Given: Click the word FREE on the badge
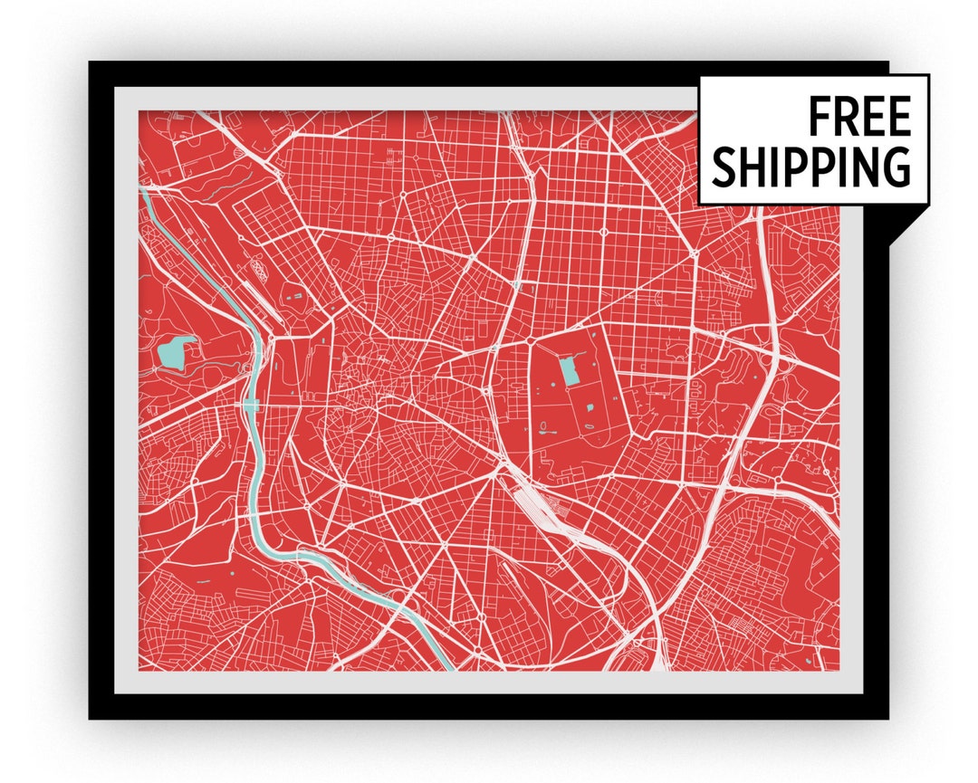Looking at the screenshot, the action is click(858, 117).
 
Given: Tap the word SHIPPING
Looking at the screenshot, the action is click(810, 166).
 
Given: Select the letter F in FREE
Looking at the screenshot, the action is click(820, 117).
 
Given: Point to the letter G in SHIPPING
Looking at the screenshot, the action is click(896, 166).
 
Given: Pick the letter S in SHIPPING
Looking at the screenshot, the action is click(724, 166).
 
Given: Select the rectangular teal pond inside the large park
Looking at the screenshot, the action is click(569, 369).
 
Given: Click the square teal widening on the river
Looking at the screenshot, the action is click(251, 405).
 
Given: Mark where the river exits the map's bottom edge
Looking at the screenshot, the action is click(446, 667).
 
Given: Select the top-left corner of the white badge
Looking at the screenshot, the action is click(700, 76).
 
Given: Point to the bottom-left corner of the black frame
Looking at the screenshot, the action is click(91, 717).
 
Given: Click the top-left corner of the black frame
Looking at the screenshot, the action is click(91, 63).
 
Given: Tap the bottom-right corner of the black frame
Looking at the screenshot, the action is click(887, 717).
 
